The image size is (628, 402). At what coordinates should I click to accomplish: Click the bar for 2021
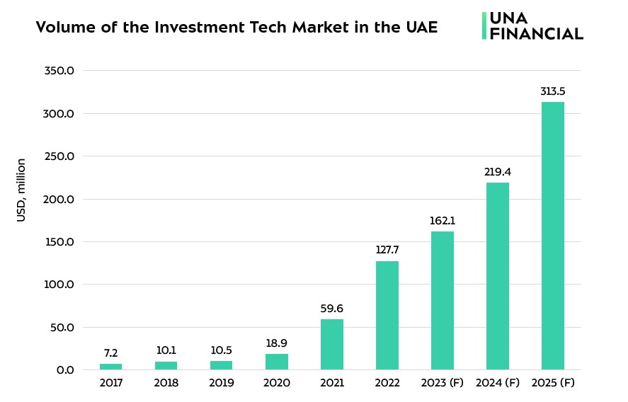[332, 345]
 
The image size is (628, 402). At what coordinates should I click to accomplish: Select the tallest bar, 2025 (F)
[553, 236]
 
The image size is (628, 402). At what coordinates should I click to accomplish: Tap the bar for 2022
[387, 316]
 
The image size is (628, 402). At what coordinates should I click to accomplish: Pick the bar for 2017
[110, 367]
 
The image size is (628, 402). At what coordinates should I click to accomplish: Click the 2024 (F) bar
[498, 276]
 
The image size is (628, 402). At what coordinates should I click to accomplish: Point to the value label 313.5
[553, 91]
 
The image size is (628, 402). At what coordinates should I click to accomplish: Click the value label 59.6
[332, 309]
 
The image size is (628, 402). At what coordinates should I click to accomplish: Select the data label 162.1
[443, 221]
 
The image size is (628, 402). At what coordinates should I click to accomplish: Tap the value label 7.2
[110, 353]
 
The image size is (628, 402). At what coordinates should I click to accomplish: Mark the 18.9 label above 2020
[277, 343]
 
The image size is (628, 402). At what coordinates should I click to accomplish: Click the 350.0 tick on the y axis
[59, 71]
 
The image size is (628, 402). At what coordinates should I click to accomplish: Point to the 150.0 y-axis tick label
[59, 242]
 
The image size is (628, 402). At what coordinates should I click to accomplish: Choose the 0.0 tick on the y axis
[65, 370]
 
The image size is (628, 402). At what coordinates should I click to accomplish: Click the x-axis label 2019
[222, 384]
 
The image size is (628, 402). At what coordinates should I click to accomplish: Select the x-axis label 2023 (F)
[443, 384]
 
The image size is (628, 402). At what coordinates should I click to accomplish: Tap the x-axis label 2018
[166, 384]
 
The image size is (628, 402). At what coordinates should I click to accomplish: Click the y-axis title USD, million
[21, 190]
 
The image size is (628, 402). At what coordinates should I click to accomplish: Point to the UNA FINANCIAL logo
[532, 25]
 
